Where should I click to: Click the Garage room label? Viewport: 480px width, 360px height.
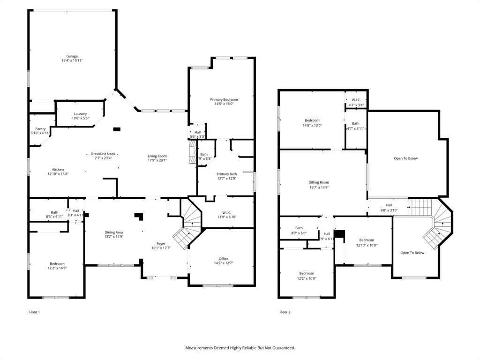[x=72, y=56]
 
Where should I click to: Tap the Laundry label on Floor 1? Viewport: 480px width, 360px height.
[x=80, y=114]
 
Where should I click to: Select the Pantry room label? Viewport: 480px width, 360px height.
[x=40, y=129]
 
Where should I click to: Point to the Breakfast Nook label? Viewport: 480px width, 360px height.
[x=103, y=154]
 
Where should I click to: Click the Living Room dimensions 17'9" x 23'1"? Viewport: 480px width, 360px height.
[x=157, y=160]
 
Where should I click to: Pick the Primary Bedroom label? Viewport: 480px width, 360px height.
[x=224, y=99]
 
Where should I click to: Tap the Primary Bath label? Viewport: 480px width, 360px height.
[x=226, y=174]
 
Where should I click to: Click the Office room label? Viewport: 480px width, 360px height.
[x=223, y=259]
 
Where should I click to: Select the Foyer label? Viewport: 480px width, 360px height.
[x=161, y=244]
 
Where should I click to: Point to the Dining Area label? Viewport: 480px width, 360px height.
[x=113, y=232]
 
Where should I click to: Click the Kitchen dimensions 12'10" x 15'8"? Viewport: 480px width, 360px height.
[x=58, y=174]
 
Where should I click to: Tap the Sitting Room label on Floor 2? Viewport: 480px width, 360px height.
[x=319, y=182]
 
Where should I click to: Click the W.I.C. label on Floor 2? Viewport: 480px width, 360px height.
[x=356, y=100]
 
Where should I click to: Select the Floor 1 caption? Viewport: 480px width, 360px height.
[x=35, y=312]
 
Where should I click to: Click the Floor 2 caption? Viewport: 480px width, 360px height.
[x=285, y=312]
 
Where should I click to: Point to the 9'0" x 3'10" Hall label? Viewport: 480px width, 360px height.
[x=389, y=208]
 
